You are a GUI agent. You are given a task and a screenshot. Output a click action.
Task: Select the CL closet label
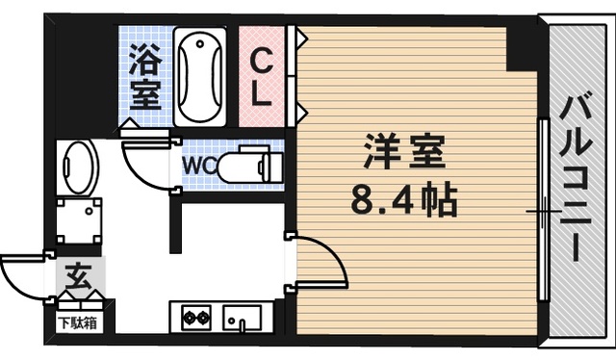click(x=262, y=76)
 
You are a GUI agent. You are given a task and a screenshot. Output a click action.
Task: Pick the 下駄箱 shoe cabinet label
click(x=76, y=322)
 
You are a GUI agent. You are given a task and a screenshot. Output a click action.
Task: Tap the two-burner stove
click(x=195, y=317)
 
